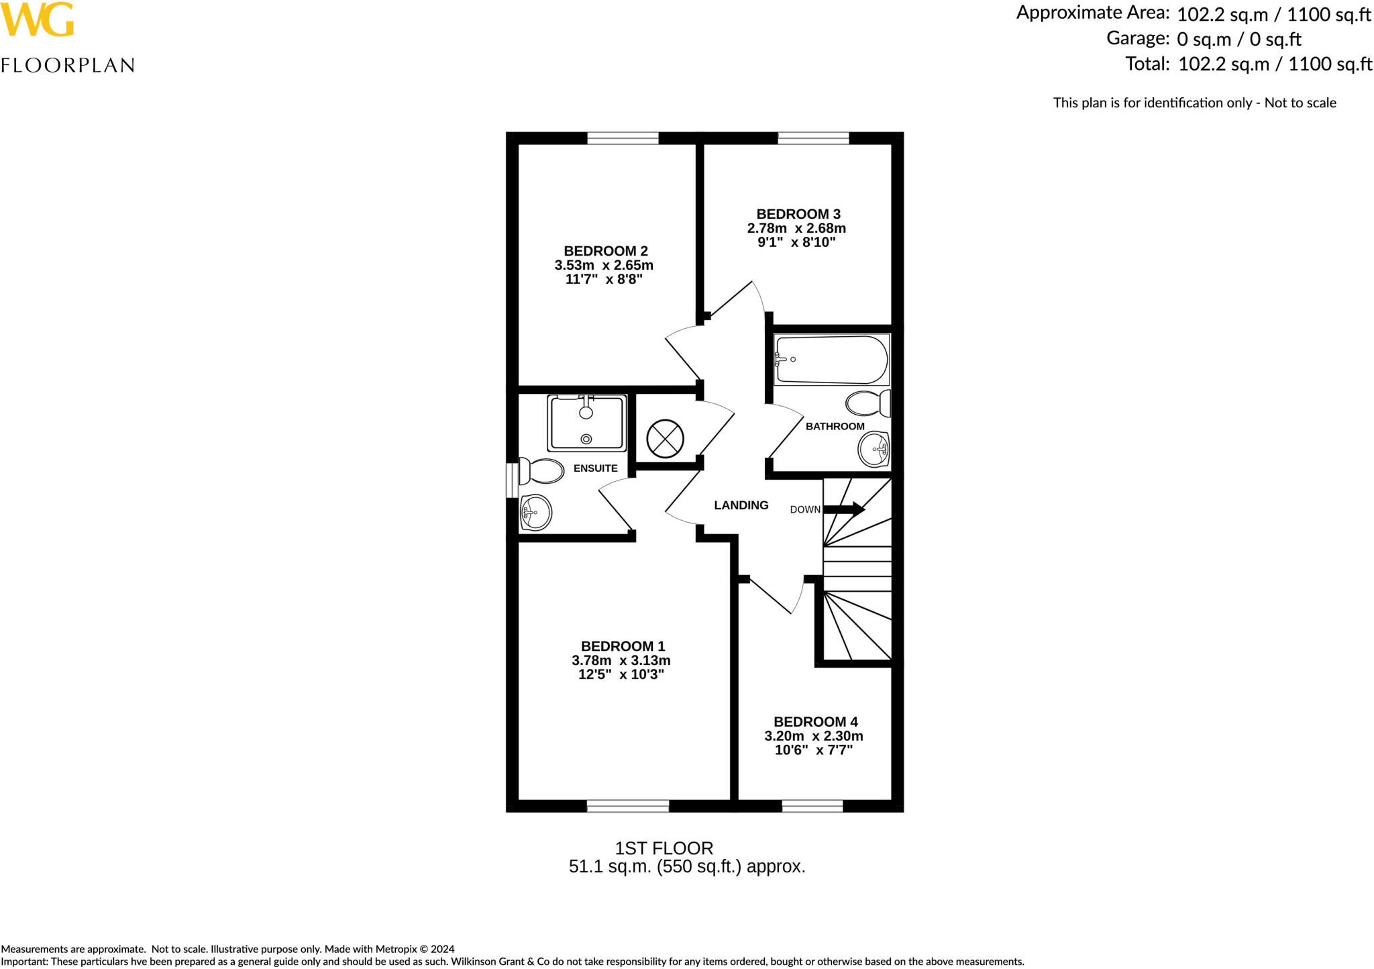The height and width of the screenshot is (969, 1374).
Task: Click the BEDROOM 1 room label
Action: click(623, 646)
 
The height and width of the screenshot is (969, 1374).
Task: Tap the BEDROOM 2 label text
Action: click(605, 251)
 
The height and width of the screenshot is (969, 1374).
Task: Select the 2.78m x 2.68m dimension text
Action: click(796, 228)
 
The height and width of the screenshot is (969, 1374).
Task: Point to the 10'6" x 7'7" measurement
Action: click(813, 750)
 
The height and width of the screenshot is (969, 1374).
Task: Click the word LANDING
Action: click(741, 505)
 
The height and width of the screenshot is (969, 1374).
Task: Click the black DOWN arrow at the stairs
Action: click(843, 509)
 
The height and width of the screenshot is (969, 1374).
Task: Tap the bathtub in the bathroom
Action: click(831, 360)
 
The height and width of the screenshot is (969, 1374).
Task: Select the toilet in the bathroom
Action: click(868, 404)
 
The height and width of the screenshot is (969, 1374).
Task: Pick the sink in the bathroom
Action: click(874, 449)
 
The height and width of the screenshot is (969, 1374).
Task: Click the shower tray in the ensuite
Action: click(587, 423)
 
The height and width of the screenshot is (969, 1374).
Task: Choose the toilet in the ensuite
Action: click(541, 472)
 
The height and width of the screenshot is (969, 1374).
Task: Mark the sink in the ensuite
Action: click(535, 513)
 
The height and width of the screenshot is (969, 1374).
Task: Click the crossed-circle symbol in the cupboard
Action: click(665, 439)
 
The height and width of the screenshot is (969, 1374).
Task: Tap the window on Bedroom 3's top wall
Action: click(813, 138)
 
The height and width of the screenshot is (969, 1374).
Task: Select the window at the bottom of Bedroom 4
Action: click(812, 806)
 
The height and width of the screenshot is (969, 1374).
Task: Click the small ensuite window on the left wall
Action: click(512, 479)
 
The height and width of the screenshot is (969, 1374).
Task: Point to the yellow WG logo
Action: click(37, 20)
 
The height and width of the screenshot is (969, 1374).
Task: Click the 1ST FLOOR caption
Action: click(664, 848)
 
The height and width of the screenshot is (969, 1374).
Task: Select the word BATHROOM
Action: click(835, 426)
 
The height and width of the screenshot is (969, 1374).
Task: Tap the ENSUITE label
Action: click(595, 468)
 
